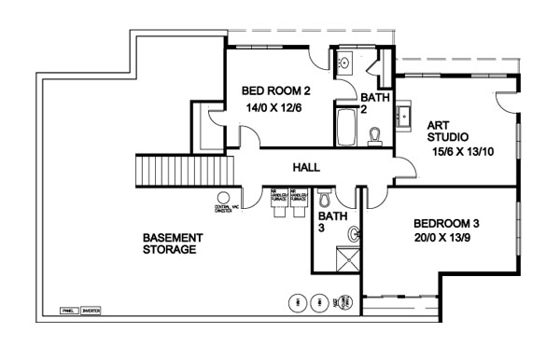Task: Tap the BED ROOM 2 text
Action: pyautogui.click(x=274, y=91)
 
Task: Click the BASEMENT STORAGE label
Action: pyautogui.click(x=173, y=243)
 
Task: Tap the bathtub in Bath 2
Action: pyautogui.click(x=344, y=127)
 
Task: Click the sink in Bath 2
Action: pyautogui.click(x=343, y=62)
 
